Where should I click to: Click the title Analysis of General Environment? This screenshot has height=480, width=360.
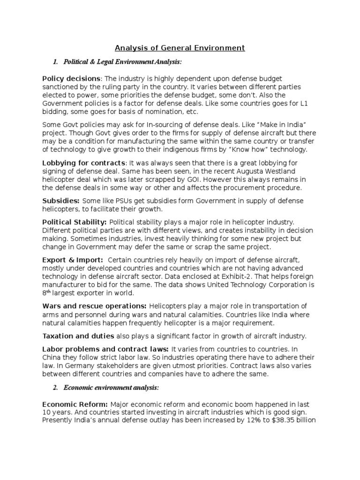(180, 47)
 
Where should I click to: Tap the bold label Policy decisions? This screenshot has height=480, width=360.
(71, 78)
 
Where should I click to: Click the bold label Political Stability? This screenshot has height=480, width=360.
(75, 222)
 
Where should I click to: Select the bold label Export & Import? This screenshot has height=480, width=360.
(73, 260)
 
